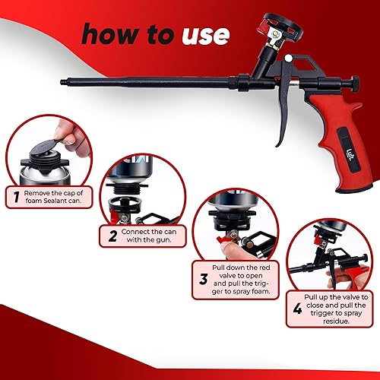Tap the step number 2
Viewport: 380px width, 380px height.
(111, 236)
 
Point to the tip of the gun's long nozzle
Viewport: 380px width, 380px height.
(60, 78)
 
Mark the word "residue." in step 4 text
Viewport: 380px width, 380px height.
(326, 320)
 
